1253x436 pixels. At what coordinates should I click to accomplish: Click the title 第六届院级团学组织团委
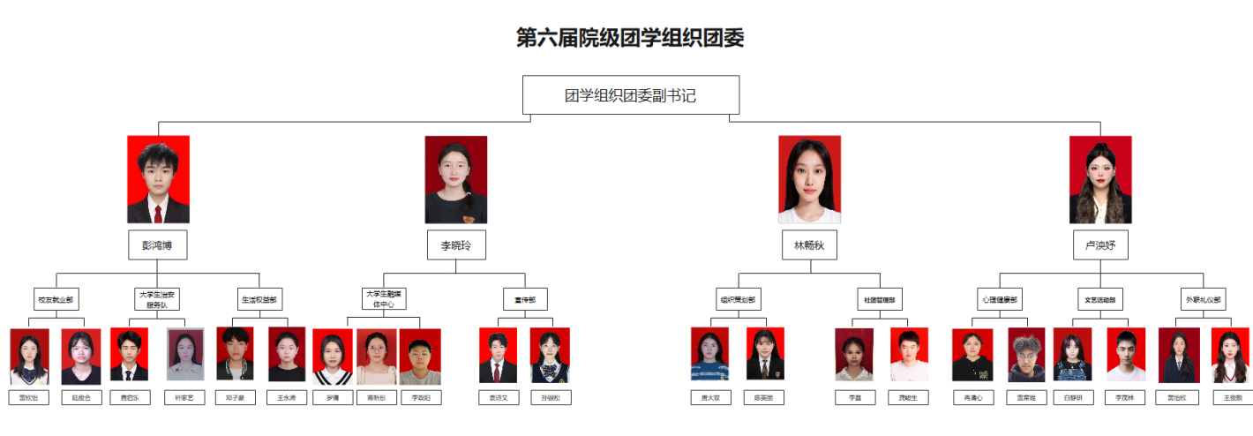(630, 38)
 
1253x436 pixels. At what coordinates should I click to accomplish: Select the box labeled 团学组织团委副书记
(630, 95)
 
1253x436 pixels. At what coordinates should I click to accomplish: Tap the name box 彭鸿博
(158, 245)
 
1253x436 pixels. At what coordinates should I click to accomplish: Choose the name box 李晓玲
(455, 245)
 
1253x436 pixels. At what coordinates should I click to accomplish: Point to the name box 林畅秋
(809, 245)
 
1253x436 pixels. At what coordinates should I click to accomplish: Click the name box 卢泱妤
(1100, 245)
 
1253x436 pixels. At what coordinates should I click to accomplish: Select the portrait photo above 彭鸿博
(158, 179)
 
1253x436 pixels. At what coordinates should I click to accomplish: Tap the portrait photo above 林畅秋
(809, 179)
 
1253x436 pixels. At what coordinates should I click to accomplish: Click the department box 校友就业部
(56, 299)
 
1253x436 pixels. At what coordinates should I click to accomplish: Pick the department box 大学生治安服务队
(158, 298)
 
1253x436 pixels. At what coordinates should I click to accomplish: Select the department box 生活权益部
(259, 299)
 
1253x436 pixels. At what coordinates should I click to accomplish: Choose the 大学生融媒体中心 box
(383, 298)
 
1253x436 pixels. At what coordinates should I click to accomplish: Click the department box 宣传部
(526, 299)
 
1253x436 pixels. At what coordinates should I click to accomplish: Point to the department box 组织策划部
(739, 299)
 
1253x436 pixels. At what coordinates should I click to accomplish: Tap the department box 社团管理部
(880, 299)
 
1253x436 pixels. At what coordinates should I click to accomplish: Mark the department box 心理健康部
(1000, 299)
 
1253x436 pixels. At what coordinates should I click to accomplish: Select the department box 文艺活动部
(1100, 299)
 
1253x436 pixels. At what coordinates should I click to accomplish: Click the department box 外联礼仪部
(1204, 299)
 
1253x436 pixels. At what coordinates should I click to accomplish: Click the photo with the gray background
(185, 356)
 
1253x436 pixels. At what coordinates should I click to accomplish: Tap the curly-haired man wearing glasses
(1026, 356)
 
